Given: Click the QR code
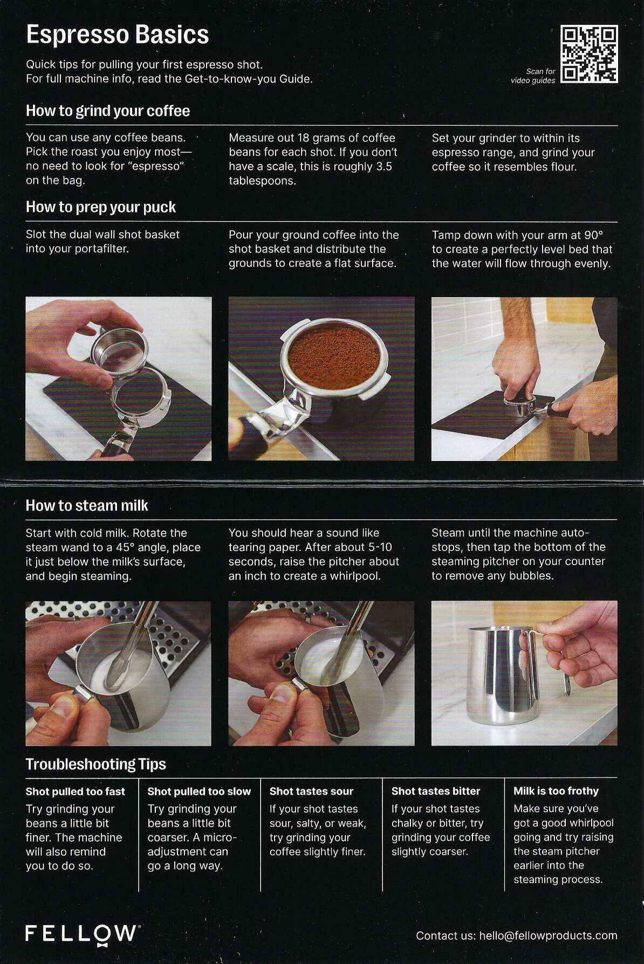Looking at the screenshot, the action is coord(589,54).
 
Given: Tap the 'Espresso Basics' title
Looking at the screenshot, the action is coord(118,35).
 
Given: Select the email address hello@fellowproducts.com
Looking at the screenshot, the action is coord(548,936).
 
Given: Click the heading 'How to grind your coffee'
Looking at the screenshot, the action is coord(108,111).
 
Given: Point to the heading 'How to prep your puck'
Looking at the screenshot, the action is coord(101,208).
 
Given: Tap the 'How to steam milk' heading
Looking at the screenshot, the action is coord(87,506).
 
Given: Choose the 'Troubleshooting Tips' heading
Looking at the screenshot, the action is coord(96,764).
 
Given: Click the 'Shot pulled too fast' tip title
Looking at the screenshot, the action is coord(76,791).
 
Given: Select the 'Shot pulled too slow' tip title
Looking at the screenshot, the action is coord(199,791).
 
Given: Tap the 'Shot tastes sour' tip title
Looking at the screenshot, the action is coord(311,791).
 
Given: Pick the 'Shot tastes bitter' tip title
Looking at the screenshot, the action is coord(436,791).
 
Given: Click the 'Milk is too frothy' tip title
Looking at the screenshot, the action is coord(556,791).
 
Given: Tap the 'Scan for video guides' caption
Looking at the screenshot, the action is coord(533,76).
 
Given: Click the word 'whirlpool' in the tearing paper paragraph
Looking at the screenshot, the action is coord(355,576).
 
